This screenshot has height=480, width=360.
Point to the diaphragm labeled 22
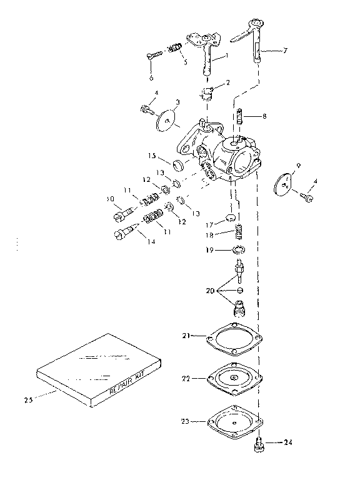(x=235, y=378)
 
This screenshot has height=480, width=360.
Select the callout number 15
(x=151, y=156)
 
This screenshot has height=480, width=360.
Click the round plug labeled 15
(x=179, y=165)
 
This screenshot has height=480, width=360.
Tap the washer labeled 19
(x=237, y=251)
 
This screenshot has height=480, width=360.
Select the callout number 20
(x=211, y=291)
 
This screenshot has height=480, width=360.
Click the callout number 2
(x=227, y=82)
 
